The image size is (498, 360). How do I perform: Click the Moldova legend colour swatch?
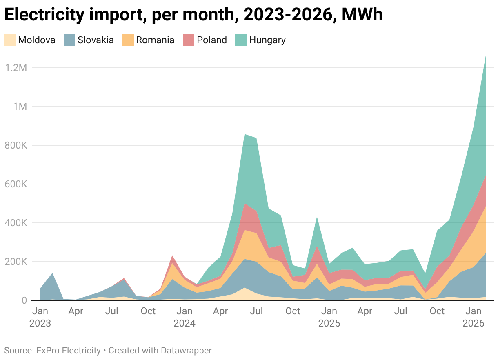(10, 40)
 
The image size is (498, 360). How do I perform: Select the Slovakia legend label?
(96, 40)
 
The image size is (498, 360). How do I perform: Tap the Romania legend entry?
(155, 40)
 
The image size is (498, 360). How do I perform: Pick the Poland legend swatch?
(189, 40)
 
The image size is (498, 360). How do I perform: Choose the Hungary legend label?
(267, 40)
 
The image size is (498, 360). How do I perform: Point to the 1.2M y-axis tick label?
(15, 68)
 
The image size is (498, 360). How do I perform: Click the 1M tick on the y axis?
(19, 107)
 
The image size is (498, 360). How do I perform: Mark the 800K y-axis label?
(15, 145)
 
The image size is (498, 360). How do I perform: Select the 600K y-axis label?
(15, 184)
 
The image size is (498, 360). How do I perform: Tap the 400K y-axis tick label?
(15, 223)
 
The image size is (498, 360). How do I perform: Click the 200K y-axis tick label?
(15, 262)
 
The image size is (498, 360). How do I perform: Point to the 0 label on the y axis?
(24, 300)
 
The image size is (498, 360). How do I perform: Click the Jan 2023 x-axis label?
(40, 318)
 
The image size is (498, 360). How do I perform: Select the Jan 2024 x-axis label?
(185, 318)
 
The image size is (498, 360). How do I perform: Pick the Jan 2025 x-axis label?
(329, 318)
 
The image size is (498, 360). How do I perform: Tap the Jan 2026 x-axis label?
(474, 318)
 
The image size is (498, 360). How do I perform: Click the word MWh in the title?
(362, 16)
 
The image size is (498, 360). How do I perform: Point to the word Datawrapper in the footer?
(186, 350)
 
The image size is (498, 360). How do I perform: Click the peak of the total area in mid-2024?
(244, 134)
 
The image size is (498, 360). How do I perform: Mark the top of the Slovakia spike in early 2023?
(52, 273)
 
